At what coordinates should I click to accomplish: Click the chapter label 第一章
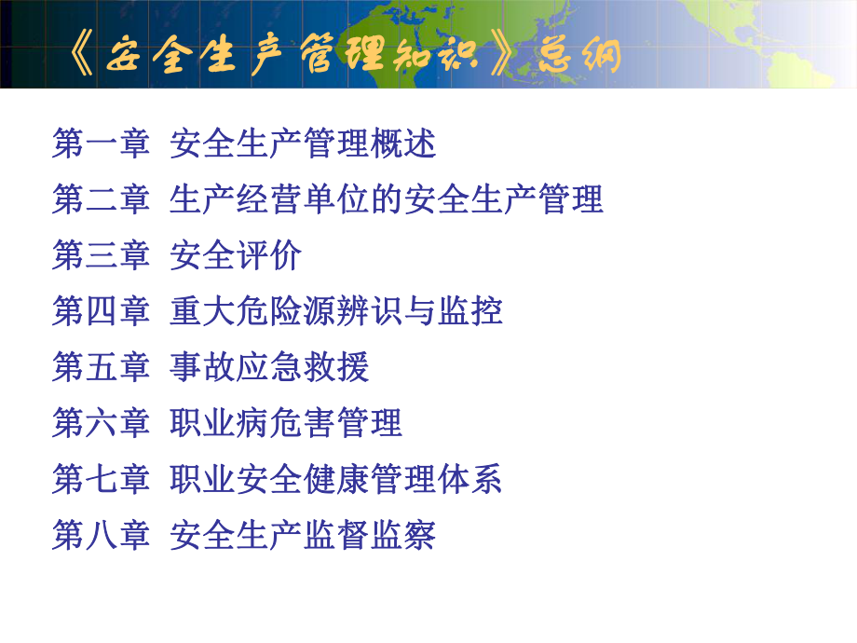(101, 144)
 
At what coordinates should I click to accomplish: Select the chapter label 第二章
(101, 200)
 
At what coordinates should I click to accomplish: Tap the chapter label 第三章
(101, 256)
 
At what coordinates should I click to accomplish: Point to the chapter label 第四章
(101, 312)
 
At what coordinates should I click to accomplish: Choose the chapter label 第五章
(101, 368)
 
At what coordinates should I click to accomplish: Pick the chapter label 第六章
(101, 424)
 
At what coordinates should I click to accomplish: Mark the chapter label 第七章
(101, 480)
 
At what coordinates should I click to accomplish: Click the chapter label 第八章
(101, 536)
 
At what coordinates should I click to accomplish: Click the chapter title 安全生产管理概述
(303, 144)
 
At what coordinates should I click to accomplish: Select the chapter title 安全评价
(237, 256)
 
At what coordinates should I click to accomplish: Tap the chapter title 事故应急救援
(270, 368)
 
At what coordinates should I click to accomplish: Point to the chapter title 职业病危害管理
(286, 424)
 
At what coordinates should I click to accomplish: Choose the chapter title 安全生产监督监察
(303, 536)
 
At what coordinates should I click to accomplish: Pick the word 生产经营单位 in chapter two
(270, 200)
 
